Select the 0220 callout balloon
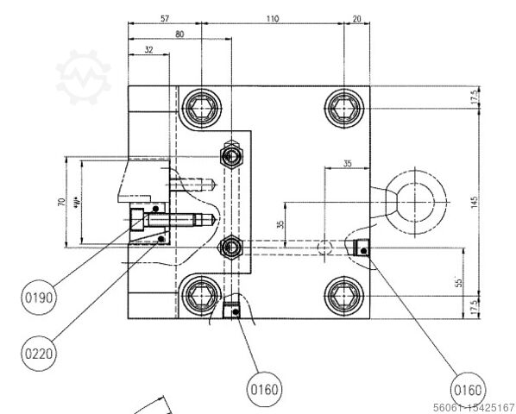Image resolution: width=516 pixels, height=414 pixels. click(x=37, y=352)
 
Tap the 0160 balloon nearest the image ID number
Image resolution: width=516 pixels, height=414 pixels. click(x=467, y=388)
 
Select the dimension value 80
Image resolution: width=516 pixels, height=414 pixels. click(x=179, y=35)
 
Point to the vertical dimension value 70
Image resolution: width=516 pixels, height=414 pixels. click(x=61, y=202)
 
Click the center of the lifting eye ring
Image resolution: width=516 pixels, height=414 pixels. click(x=417, y=200)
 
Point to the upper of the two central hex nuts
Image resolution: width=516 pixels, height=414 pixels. click(x=231, y=155)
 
